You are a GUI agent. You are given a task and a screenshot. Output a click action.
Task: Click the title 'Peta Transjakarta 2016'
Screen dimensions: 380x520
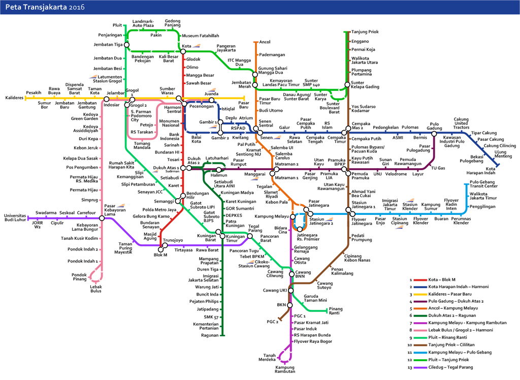tap(45, 7)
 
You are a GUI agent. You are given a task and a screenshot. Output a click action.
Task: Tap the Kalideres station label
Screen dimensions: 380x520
tap(15, 98)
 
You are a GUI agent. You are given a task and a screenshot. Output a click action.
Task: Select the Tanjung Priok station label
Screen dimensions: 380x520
tap(365, 31)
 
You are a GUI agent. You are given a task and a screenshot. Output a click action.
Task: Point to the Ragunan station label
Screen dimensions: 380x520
tap(210, 335)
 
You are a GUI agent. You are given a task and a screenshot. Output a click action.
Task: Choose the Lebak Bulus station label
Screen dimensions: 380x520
tap(96, 289)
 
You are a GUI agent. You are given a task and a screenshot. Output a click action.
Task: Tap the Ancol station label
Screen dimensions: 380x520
tap(265, 42)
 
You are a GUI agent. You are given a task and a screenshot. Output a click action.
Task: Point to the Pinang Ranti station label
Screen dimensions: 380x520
tap(336, 311)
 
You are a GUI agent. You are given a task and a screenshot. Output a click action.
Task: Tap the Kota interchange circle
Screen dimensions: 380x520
tap(183, 51)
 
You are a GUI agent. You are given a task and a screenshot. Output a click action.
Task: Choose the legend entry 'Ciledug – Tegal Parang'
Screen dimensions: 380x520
tap(451, 367)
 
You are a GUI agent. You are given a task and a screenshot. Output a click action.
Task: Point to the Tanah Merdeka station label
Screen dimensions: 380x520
tap(269, 358)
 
